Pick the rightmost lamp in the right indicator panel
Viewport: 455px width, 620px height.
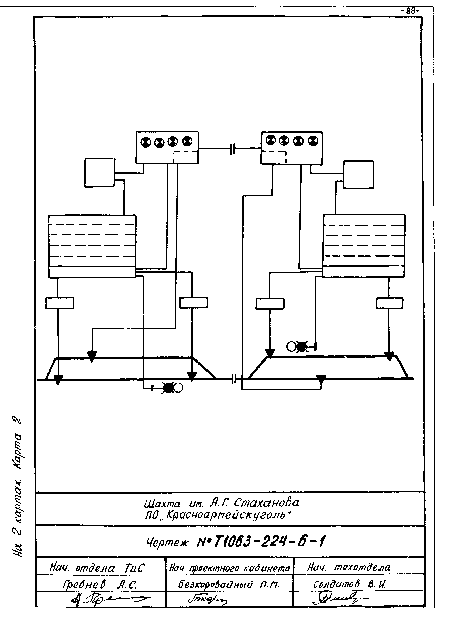pos(313,141)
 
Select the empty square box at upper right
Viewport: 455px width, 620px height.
pos(359,174)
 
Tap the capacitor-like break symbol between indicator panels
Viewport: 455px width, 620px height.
pos(233,149)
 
